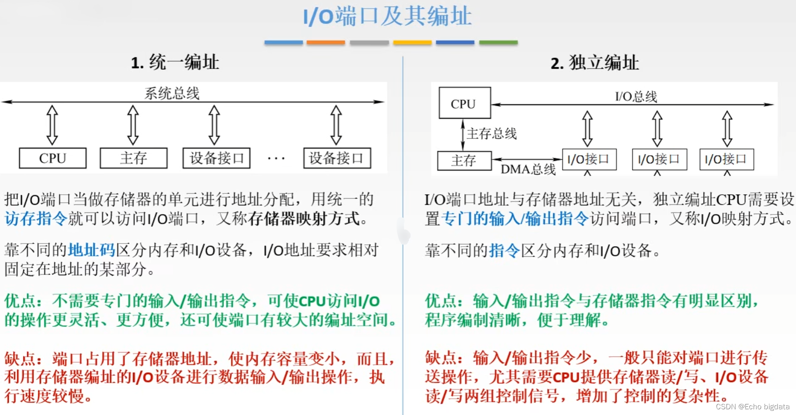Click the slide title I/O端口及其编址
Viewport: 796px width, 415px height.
pyautogui.click(x=387, y=17)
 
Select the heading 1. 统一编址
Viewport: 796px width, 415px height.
pyautogui.click(x=175, y=62)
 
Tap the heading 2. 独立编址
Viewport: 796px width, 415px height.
pyautogui.click(x=594, y=63)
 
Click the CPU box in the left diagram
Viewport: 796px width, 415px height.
pyautogui.click(x=53, y=158)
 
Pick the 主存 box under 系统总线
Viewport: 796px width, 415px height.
pyautogui.click(x=133, y=158)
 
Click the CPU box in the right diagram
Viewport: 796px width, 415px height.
pyautogui.click(x=464, y=103)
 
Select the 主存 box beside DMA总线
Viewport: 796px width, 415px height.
pyautogui.click(x=464, y=160)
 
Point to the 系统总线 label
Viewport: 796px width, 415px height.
pyautogui.click(x=172, y=93)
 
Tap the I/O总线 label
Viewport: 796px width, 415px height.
pyautogui.click(x=636, y=97)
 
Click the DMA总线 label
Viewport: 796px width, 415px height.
pyautogui.click(x=528, y=169)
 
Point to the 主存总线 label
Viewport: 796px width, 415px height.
pyautogui.click(x=492, y=134)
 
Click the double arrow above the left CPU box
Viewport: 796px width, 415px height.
pyautogui.click(x=52, y=125)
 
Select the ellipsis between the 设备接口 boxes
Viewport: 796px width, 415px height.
pyautogui.click(x=276, y=158)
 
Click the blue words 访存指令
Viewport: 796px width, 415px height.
pyautogui.click(x=36, y=218)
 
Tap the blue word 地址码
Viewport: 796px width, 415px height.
pyautogui.click(x=91, y=250)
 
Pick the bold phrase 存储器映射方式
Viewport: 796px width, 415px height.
pyautogui.click(x=304, y=218)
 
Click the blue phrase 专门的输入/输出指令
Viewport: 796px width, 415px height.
pyautogui.click(x=514, y=218)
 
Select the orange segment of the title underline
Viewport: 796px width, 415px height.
pyautogui.click(x=326, y=43)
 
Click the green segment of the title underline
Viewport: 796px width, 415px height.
pyautogui.click(x=498, y=43)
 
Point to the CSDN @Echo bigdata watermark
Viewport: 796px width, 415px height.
pyautogui.click(x=752, y=407)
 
